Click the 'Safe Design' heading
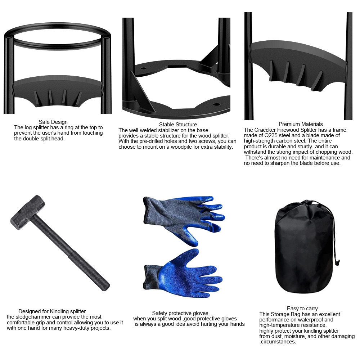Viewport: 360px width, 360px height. (53, 122)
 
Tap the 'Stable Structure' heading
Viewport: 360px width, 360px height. (178, 125)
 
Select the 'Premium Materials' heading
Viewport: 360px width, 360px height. (301, 124)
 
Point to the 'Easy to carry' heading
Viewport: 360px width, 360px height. (302, 309)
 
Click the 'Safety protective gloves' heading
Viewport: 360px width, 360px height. (180, 313)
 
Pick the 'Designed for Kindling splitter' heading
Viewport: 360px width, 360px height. (52, 311)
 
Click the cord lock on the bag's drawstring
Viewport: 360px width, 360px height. (337, 262)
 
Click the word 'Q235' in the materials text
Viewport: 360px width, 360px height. (271, 135)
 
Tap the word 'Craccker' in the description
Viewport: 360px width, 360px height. (265, 130)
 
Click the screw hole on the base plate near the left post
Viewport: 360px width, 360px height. (143, 68)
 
